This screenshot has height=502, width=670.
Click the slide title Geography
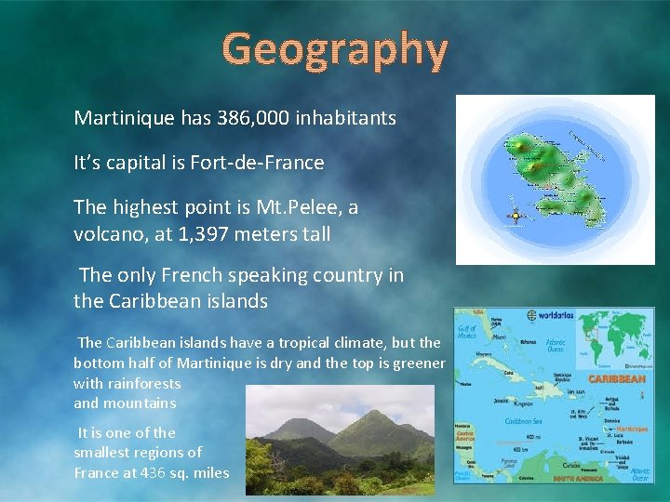pyautogui.click(x=335, y=48)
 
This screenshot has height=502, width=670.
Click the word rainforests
pyautogui.click(x=141, y=383)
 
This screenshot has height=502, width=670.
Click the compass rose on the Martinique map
pyautogui.click(x=511, y=217)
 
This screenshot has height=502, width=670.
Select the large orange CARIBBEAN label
pyautogui.click(x=617, y=379)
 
